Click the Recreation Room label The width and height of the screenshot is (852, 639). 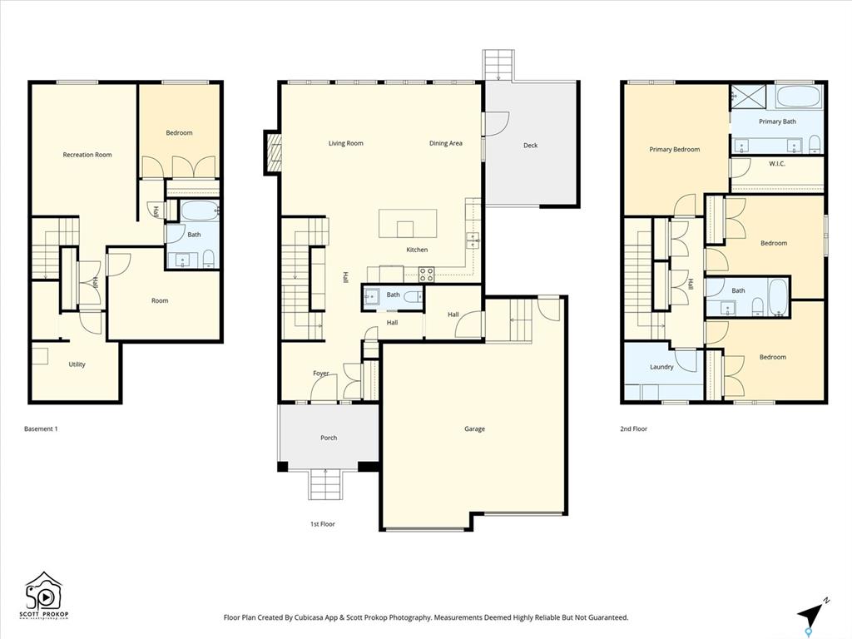coord(87,155)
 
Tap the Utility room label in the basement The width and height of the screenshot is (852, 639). coord(77,364)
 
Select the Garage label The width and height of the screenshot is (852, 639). coord(474,429)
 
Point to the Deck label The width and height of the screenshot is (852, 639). coord(530,146)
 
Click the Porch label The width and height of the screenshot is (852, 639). coord(329,438)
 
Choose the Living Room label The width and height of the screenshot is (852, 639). coord(345,143)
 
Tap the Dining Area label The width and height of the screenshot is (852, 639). coord(446,143)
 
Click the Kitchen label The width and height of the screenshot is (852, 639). coord(417,250)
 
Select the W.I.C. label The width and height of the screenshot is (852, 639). coord(777,164)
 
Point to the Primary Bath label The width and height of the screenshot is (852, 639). coord(777,121)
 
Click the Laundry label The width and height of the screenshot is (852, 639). coord(661,367)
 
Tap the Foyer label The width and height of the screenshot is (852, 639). coord(320,374)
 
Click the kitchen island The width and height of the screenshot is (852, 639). coord(408,223)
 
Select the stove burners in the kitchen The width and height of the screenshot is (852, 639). coord(427,275)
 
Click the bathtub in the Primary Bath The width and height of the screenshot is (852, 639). coord(799,97)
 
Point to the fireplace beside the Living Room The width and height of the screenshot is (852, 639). coord(272,152)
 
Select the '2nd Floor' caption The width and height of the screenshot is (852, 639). coord(633,428)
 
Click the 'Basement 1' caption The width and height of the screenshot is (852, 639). coord(41,428)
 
